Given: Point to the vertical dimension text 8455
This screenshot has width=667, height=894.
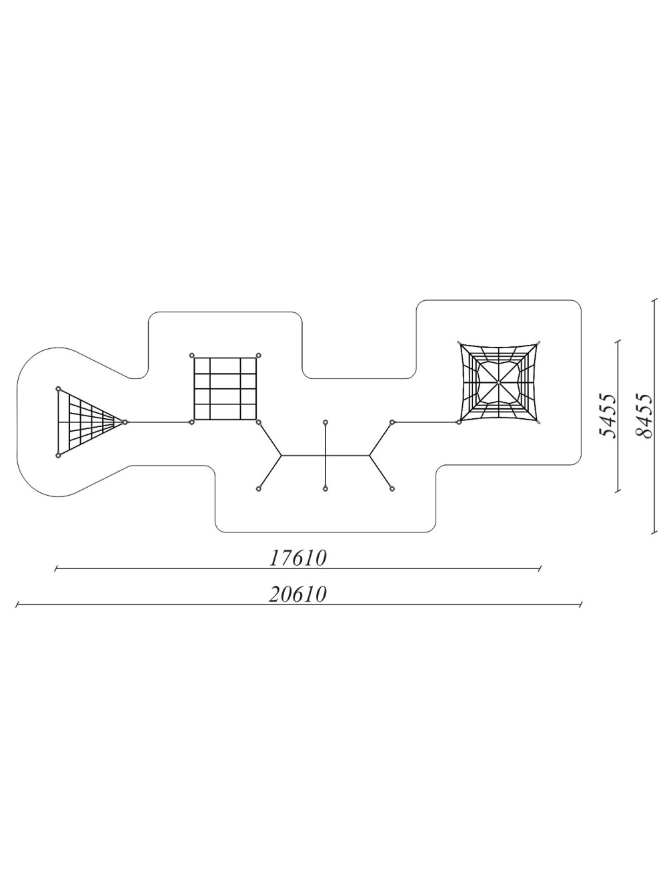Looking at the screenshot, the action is point(644,416).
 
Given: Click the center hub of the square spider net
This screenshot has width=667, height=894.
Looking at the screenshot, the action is point(498,382).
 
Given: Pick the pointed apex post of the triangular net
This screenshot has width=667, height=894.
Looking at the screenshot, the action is point(125,422).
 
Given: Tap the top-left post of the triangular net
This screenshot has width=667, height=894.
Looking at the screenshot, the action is point(58,388).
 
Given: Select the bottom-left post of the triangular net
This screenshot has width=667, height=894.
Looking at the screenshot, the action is point(58,456).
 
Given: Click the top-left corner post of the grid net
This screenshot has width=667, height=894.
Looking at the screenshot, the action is point(192,356).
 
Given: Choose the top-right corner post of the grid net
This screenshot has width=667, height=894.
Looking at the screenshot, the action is point(259,356).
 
